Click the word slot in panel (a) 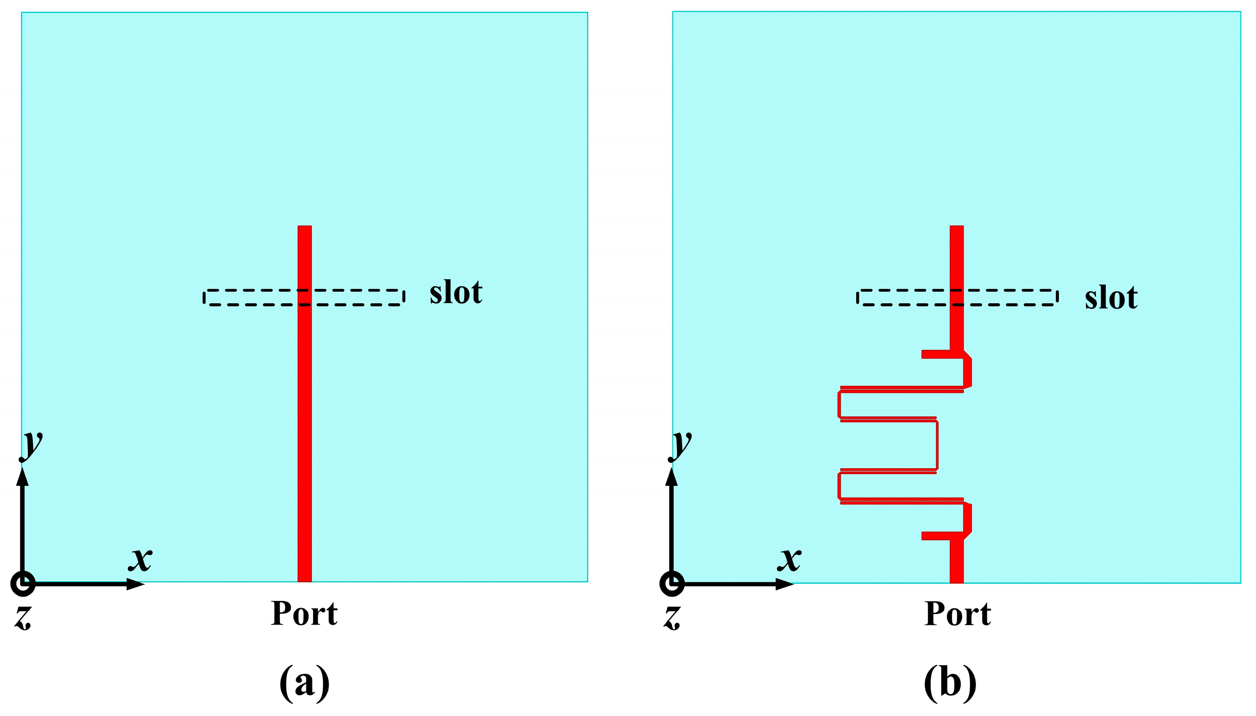click(456, 293)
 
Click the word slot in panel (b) click(1111, 298)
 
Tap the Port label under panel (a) click(304, 614)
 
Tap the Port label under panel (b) click(958, 614)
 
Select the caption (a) click(304, 682)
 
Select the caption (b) click(950, 682)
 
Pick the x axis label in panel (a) click(141, 559)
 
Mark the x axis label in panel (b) click(790, 559)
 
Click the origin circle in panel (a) click(23, 584)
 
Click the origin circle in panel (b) click(672, 584)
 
